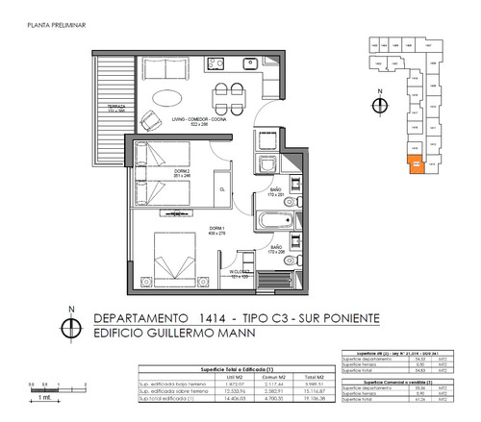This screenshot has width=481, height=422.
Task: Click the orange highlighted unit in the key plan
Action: coord(415,164)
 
